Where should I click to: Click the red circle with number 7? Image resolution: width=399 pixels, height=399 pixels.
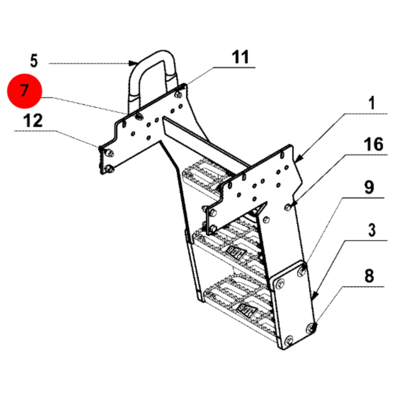[25, 91]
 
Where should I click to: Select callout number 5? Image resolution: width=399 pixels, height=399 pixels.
[34, 61]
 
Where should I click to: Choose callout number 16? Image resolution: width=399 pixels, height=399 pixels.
[374, 144]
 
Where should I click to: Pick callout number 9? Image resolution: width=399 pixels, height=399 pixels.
[369, 187]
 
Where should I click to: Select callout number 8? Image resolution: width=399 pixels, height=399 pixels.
[369, 276]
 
